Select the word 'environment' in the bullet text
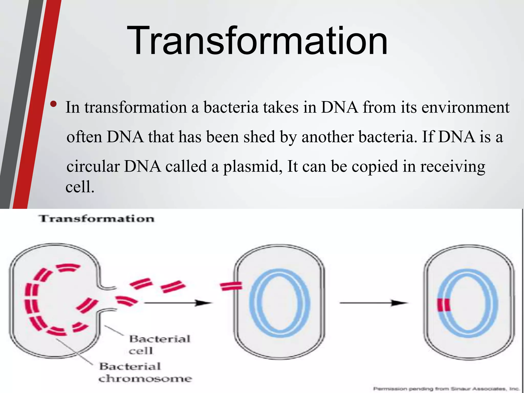(465, 107)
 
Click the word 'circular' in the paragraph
(93, 167)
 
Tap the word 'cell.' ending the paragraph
(80, 187)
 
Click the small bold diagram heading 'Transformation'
(97, 219)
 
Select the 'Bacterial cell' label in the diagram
(159, 344)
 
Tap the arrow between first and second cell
(178, 303)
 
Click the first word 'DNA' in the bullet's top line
(339, 107)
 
